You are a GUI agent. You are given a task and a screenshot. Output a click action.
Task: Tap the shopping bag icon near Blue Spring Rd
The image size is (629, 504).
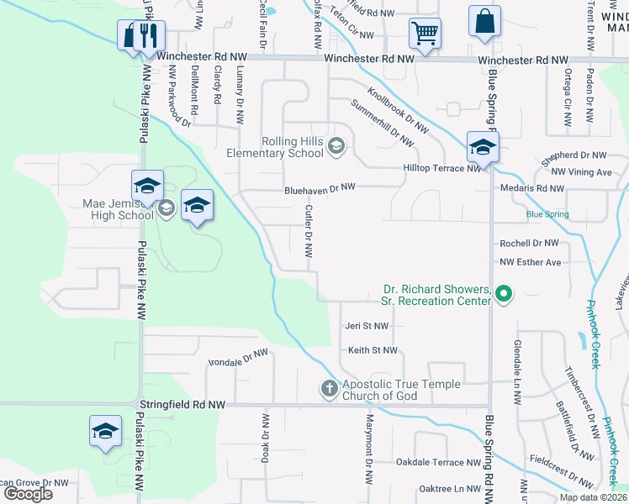[x=485, y=24]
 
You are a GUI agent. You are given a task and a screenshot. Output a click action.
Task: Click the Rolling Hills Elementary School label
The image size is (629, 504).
[x=274, y=147]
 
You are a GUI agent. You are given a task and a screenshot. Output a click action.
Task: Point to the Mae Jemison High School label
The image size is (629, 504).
[x=119, y=209]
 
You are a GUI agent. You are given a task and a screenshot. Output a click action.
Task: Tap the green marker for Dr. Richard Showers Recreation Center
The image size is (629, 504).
[x=504, y=294]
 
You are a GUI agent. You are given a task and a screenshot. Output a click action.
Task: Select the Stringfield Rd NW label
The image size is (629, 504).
[x=182, y=405]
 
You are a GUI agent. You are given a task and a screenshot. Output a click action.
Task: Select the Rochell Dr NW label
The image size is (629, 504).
[x=529, y=243]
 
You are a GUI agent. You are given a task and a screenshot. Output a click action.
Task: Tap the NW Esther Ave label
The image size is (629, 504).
[x=530, y=263]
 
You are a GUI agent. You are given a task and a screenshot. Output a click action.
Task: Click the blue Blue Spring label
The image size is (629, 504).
[x=547, y=215]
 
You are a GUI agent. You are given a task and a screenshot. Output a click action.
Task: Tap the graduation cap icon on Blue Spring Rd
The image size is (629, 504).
[x=483, y=148]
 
